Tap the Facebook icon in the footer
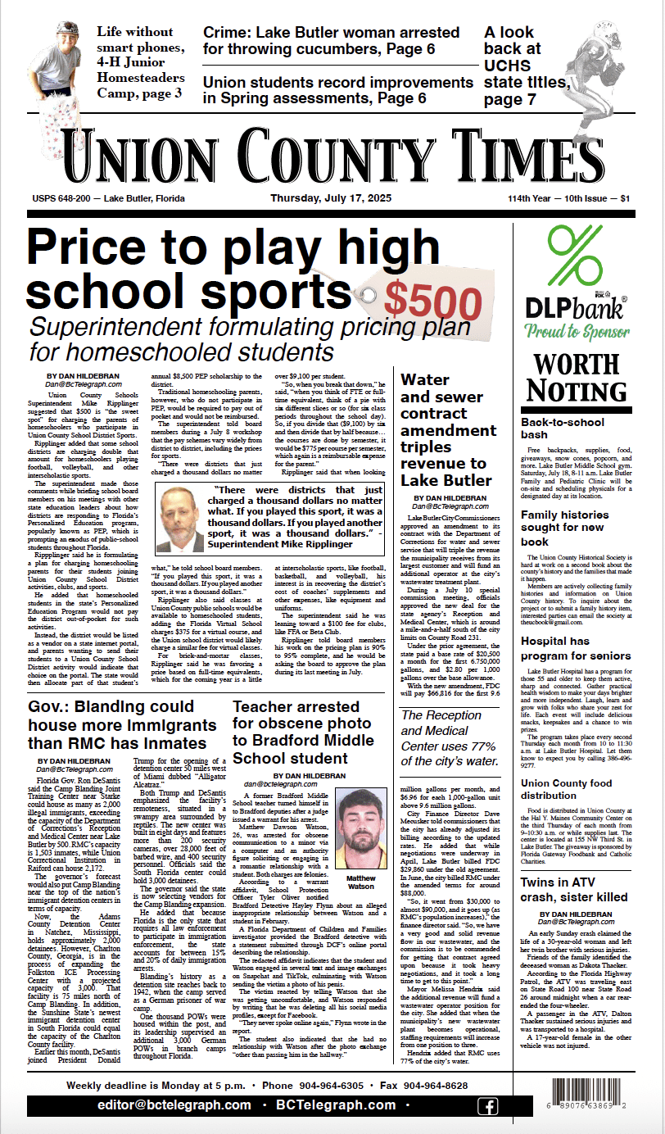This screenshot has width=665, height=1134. coord(487,1106)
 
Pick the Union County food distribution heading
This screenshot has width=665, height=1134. coord(566,795)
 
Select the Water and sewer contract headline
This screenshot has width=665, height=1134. coord(448,429)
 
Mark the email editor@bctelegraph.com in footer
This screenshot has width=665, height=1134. coord(159,1106)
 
